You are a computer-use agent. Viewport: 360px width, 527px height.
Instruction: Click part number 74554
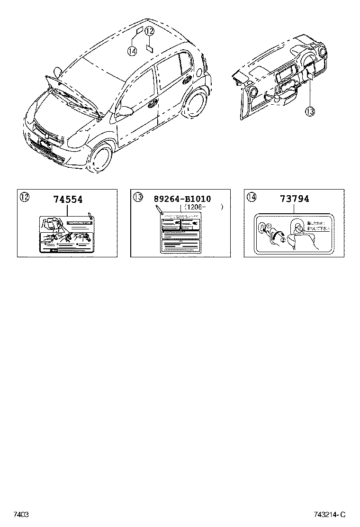68,200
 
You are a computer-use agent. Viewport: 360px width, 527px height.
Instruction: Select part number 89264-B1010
182,199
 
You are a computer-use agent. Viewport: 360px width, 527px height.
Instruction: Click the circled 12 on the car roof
150,32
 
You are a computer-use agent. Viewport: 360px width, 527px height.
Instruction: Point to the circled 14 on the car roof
132,51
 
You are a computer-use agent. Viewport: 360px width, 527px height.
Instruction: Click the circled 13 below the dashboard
309,111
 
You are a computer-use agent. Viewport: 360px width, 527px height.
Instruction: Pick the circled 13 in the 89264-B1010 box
138,197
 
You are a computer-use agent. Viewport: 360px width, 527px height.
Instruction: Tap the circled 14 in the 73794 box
252,197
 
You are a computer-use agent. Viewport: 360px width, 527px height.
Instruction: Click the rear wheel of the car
194,106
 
